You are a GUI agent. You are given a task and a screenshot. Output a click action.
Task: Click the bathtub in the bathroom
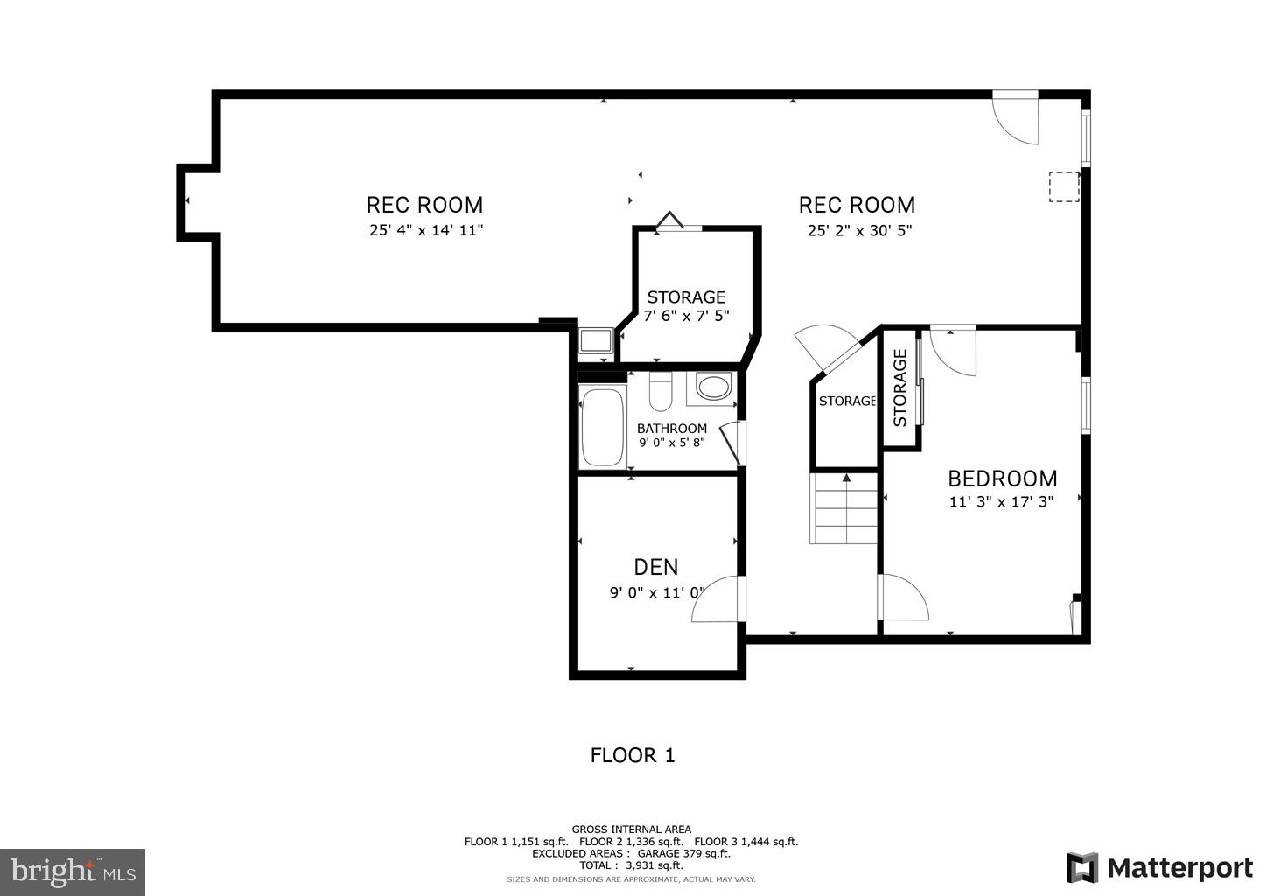603,427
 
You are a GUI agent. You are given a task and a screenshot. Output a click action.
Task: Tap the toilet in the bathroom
661,392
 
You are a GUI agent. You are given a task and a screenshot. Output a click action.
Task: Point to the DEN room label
656,568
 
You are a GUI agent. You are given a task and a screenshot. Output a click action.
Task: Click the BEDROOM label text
1003,479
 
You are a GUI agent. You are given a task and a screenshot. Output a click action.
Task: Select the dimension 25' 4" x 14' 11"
425,231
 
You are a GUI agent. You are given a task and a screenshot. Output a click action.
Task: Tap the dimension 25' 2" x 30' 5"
857,231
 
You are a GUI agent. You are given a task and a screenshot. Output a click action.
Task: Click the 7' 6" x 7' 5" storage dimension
686,316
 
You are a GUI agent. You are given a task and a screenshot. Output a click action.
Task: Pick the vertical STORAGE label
899,388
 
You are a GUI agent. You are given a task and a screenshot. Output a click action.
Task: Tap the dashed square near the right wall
1064,187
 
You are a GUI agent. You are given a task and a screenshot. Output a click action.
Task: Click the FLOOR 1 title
633,755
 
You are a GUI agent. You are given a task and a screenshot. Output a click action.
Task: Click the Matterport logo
1159,868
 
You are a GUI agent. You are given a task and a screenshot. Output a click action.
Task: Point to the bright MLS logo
73,871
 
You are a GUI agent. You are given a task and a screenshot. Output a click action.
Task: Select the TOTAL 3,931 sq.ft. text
631,865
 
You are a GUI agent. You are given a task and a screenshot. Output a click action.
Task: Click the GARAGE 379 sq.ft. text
683,853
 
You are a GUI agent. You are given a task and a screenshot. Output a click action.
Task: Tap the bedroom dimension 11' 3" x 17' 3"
1001,502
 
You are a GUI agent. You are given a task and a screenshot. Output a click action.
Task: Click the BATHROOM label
671,429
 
